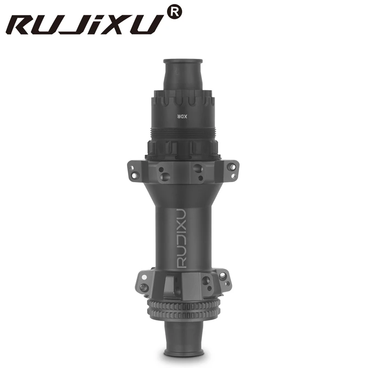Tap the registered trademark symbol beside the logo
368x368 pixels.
(x=174, y=13)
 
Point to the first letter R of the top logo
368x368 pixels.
(x=24, y=25)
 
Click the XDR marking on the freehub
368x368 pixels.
(x=183, y=116)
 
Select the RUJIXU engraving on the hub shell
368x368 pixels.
(x=181, y=238)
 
